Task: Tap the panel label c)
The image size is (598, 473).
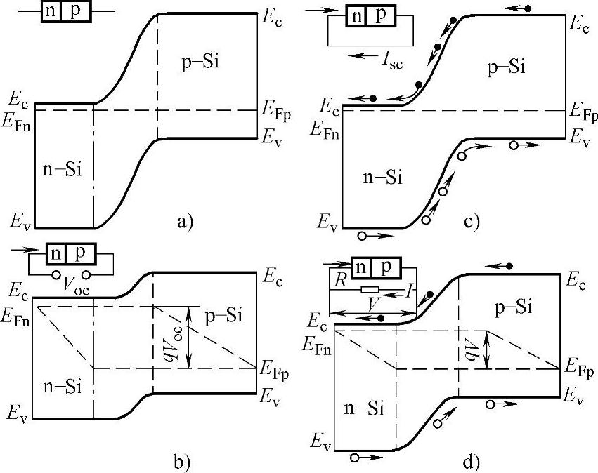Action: click(472, 223)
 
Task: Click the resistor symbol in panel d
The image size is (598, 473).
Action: click(370, 289)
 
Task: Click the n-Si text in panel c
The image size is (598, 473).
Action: click(382, 178)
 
